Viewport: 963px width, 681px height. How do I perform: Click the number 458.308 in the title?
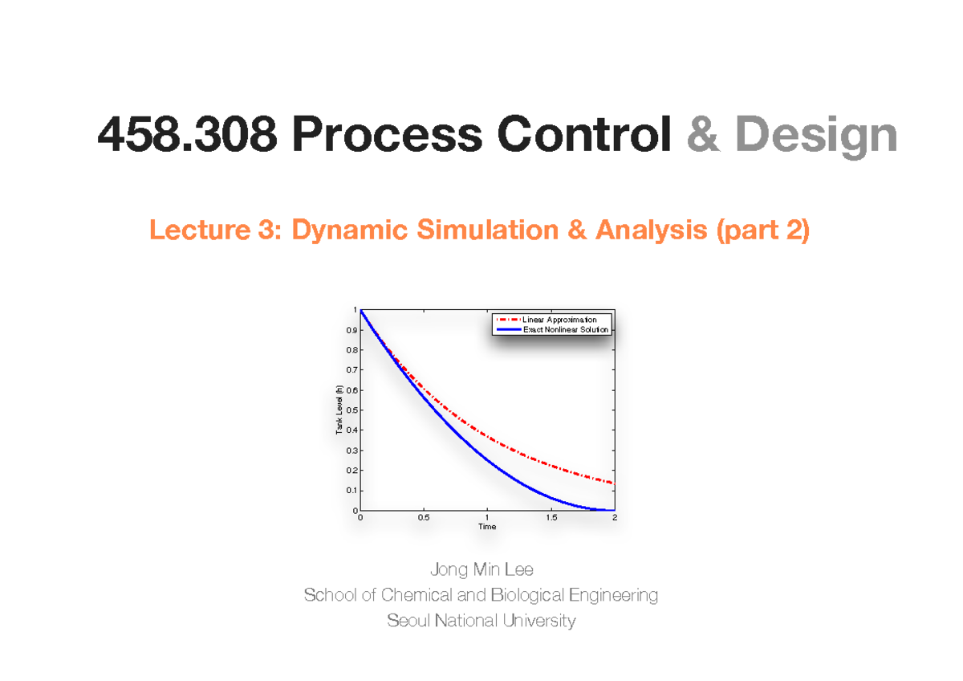pos(186,135)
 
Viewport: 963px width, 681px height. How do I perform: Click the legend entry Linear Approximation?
pos(559,320)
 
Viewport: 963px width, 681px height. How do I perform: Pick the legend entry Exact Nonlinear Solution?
pos(566,329)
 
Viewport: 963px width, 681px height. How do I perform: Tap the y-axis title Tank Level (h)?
pos(339,410)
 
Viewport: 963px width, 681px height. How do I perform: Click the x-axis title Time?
pos(487,527)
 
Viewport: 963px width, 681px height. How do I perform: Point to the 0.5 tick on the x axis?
pos(424,518)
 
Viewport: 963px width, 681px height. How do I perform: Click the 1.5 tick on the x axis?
pos(551,518)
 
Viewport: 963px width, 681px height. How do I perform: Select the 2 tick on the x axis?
pos(614,518)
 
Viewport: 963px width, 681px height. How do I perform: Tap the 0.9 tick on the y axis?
pos(351,330)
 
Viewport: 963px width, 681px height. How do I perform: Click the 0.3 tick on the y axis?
pos(351,451)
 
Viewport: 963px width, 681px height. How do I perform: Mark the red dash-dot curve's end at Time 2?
pos(612,483)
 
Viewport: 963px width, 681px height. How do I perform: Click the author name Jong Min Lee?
pos(481,570)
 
